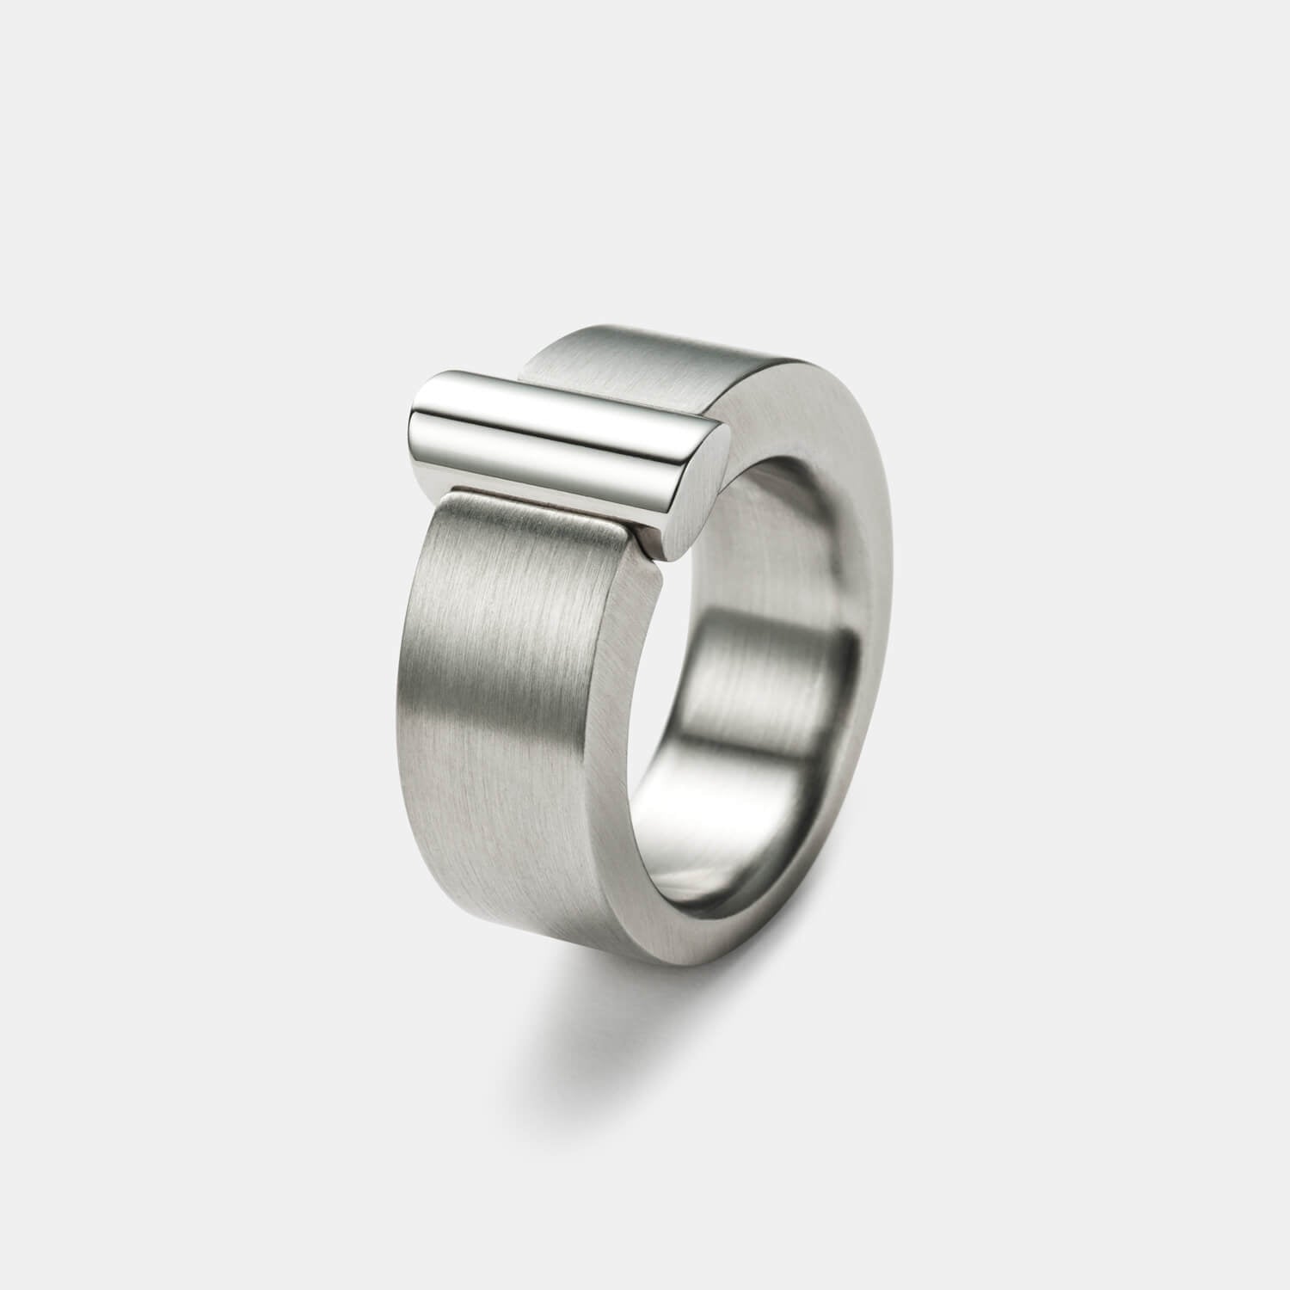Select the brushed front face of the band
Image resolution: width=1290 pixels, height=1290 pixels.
[x=499, y=688]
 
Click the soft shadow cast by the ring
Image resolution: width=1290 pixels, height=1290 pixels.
[x=559, y=1015]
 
